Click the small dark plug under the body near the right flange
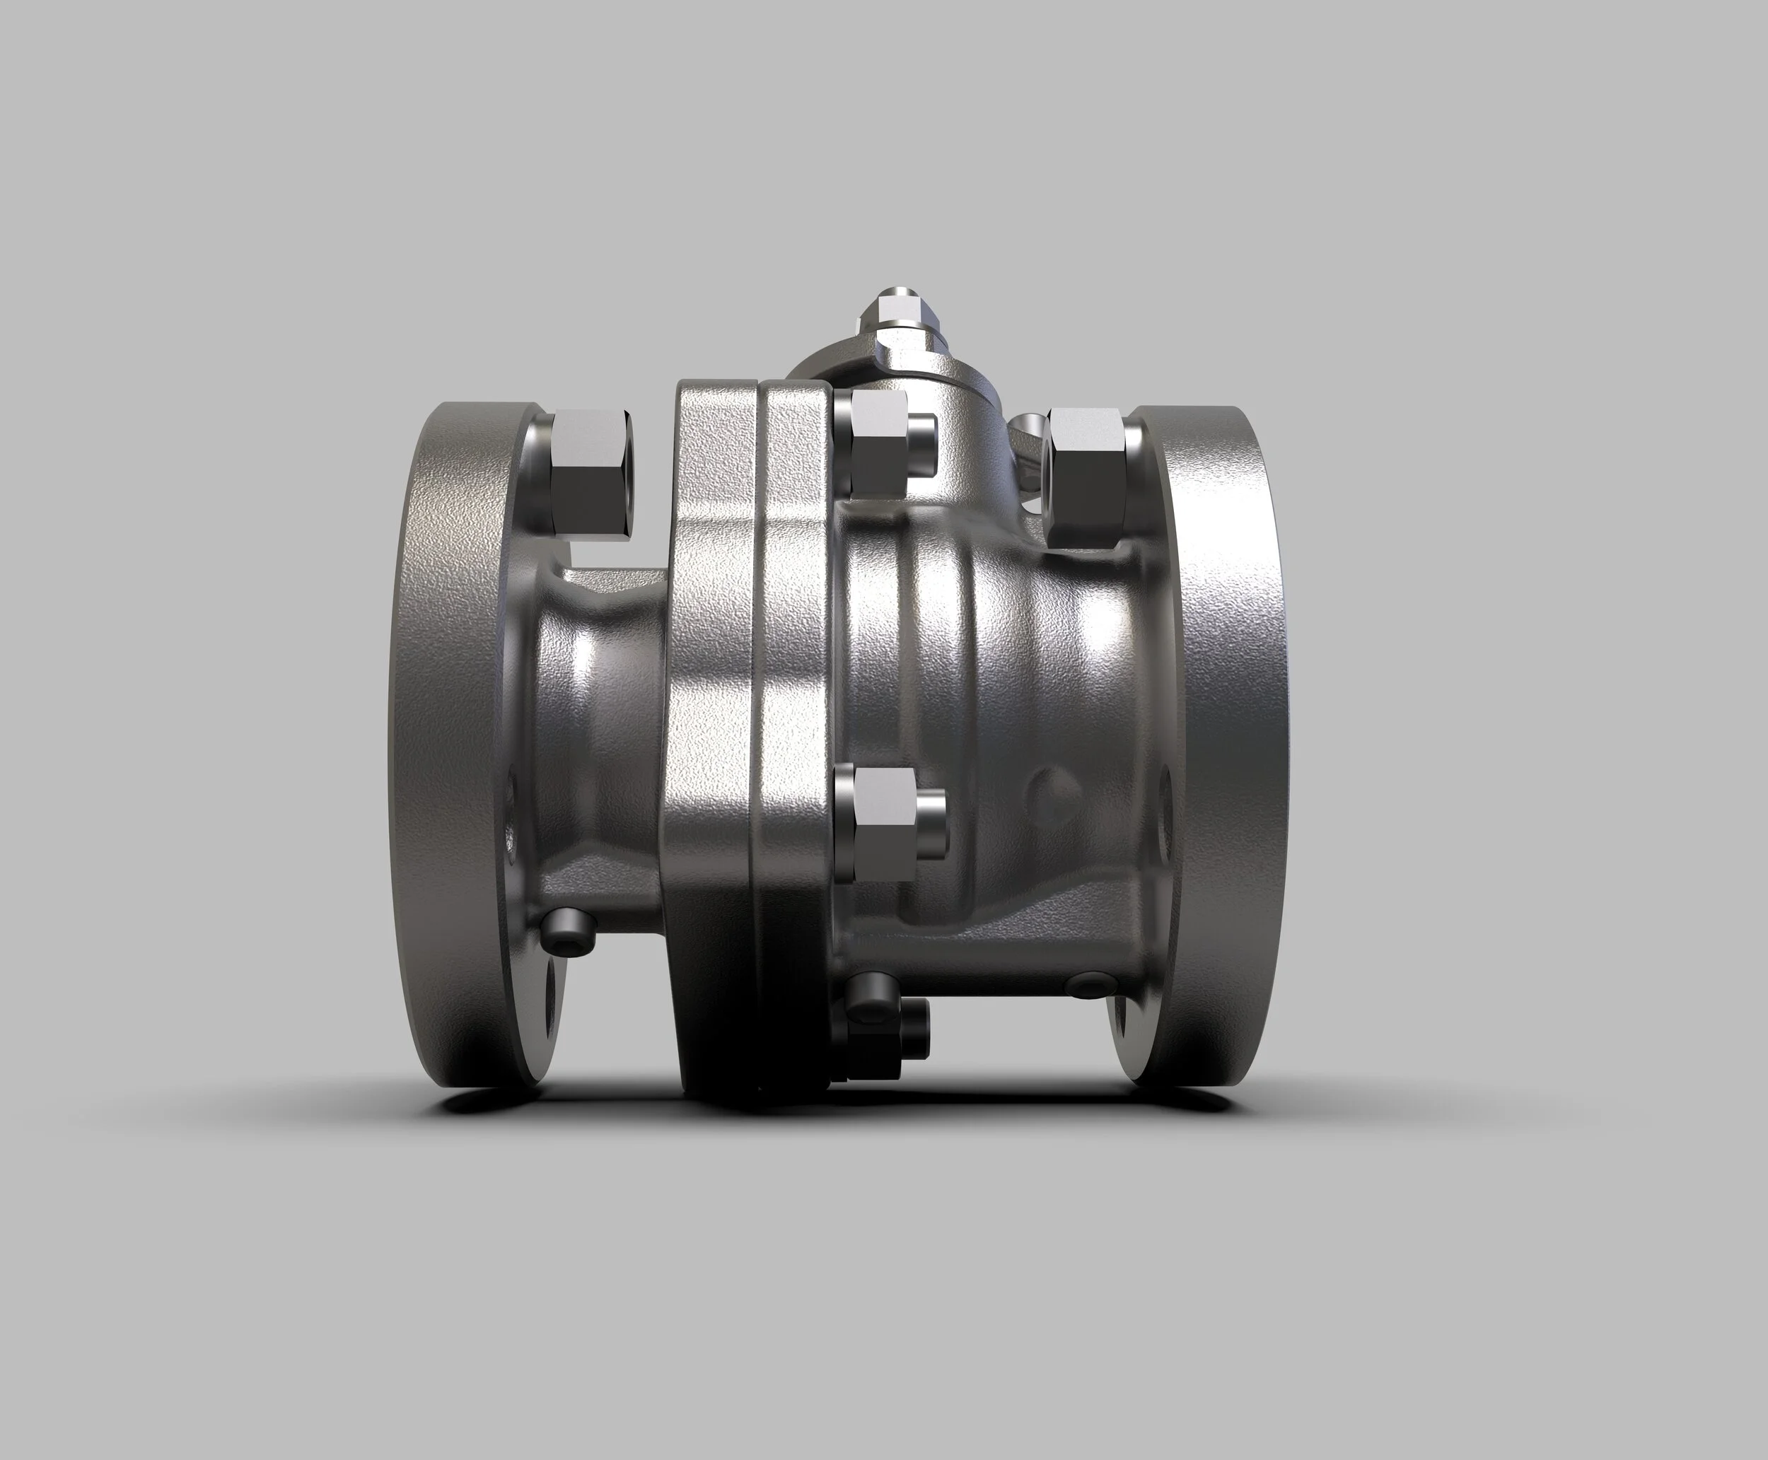(1093, 984)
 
